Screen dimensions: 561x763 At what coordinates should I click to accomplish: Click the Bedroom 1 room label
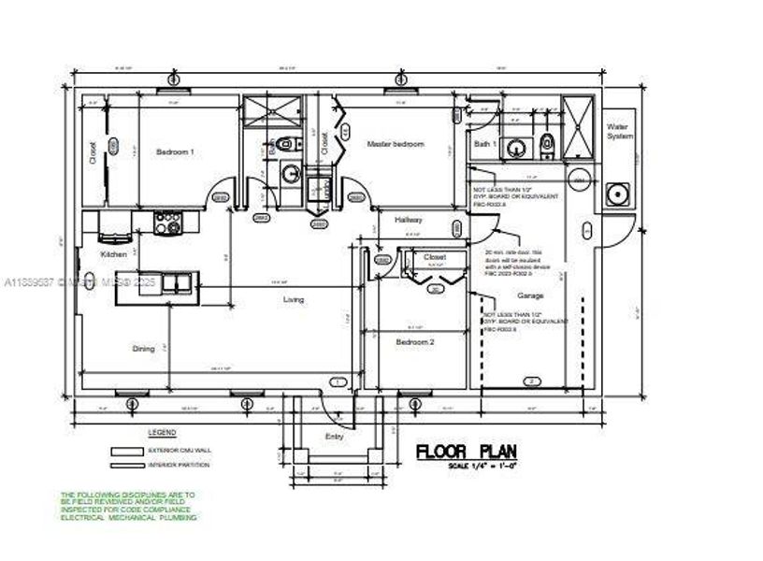(175, 151)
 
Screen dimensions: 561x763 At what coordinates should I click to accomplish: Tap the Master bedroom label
(395, 144)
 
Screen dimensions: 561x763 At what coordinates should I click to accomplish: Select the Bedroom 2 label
(415, 342)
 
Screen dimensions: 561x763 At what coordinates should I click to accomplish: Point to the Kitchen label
(115, 254)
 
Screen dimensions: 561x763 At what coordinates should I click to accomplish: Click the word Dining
(143, 349)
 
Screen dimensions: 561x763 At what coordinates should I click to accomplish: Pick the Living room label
(294, 300)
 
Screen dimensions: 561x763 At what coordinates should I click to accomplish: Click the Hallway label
(409, 220)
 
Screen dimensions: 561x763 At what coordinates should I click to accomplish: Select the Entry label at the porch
(333, 436)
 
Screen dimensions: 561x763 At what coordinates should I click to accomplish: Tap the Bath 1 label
(483, 144)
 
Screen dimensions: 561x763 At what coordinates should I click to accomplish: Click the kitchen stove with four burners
(168, 223)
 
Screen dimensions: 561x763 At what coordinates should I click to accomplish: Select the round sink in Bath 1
(513, 146)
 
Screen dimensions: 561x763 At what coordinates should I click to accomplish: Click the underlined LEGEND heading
(162, 434)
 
